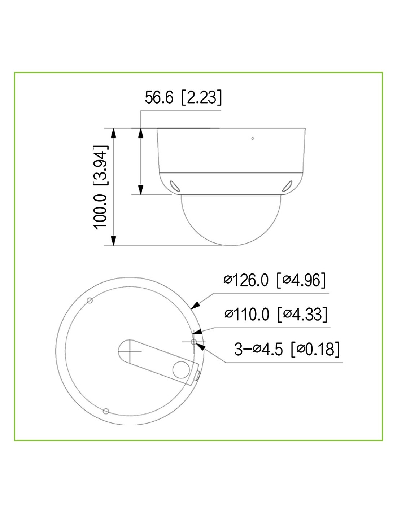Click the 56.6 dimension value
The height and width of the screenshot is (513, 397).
click(159, 97)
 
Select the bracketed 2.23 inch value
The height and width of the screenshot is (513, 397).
click(201, 97)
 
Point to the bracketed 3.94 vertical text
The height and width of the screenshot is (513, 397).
click(100, 166)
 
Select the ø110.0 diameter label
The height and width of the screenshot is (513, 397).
click(247, 314)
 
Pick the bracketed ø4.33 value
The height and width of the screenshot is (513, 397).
click(302, 314)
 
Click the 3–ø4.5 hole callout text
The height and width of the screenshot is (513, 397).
click(258, 349)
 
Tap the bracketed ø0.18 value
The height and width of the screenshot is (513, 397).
click(315, 349)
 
